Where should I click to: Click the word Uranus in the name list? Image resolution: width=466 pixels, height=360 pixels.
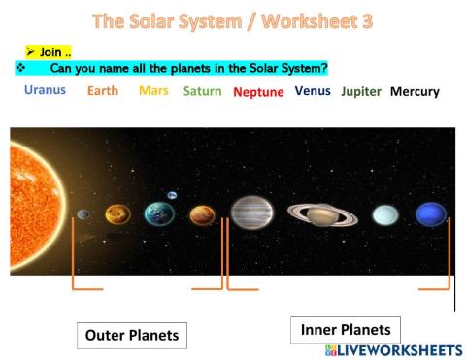(x=45, y=90)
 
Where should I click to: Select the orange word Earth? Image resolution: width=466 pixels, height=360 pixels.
(x=103, y=91)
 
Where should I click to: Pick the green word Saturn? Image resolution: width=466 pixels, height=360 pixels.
(x=203, y=91)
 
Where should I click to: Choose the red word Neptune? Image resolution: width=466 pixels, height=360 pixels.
(x=258, y=92)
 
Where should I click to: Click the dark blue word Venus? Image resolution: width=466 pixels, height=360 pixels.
(x=314, y=91)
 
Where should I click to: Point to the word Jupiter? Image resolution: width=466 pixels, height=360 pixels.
(x=361, y=91)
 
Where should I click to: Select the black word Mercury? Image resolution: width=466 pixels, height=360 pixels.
(x=415, y=92)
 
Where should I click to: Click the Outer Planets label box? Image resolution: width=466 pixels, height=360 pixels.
(x=132, y=335)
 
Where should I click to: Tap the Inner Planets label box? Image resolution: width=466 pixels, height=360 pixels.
(x=346, y=330)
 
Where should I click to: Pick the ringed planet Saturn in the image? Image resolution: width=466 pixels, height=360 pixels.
(x=322, y=213)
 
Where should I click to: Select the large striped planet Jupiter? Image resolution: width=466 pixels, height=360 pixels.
(x=252, y=212)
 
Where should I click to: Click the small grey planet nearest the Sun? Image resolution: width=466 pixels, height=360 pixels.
(x=83, y=214)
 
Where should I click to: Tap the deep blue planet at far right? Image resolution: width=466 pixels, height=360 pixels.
(x=431, y=213)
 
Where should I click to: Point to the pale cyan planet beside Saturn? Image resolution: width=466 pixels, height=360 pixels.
(x=385, y=214)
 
